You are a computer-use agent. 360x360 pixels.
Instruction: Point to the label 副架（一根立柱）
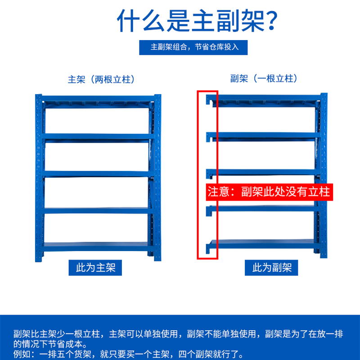coord(264,79)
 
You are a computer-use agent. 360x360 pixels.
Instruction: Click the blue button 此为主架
coord(96,268)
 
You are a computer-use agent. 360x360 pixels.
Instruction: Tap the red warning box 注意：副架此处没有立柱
coord(269,192)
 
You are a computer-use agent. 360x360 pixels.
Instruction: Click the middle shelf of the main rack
coord(97,173)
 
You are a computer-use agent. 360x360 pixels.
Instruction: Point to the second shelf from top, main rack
coord(97,136)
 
